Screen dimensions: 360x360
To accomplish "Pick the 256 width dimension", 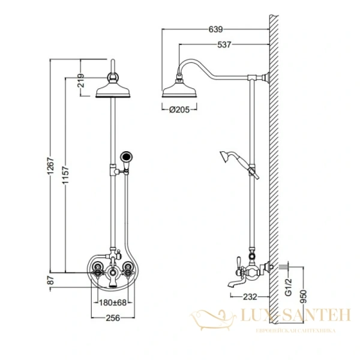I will (x=112, y=319).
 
